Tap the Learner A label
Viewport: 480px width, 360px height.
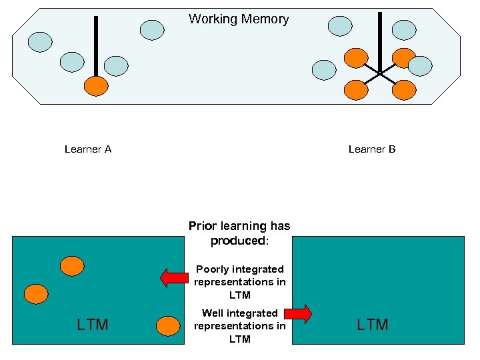(x=88, y=149)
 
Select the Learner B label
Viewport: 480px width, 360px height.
(x=372, y=149)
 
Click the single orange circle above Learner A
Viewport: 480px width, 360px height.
(x=96, y=85)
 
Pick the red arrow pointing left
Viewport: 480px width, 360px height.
(x=175, y=277)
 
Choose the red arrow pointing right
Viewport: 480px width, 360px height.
(x=298, y=313)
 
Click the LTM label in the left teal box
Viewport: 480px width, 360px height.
(x=93, y=325)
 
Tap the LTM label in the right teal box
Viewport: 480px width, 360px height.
(x=372, y=325)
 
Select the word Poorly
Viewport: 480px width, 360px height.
(x=213, y=269)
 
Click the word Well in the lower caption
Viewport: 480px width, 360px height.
(x=214, y=313)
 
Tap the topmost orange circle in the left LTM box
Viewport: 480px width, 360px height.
(x=72, y=266)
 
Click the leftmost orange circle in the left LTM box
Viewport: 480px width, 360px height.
(x=36, y=293)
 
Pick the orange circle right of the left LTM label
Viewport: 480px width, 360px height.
(x=167, y=326)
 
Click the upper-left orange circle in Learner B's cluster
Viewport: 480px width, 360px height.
(x=356, y=58)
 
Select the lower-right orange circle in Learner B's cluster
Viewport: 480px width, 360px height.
(x=403, y=89)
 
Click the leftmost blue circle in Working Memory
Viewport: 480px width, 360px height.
(x=40, y=41)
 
